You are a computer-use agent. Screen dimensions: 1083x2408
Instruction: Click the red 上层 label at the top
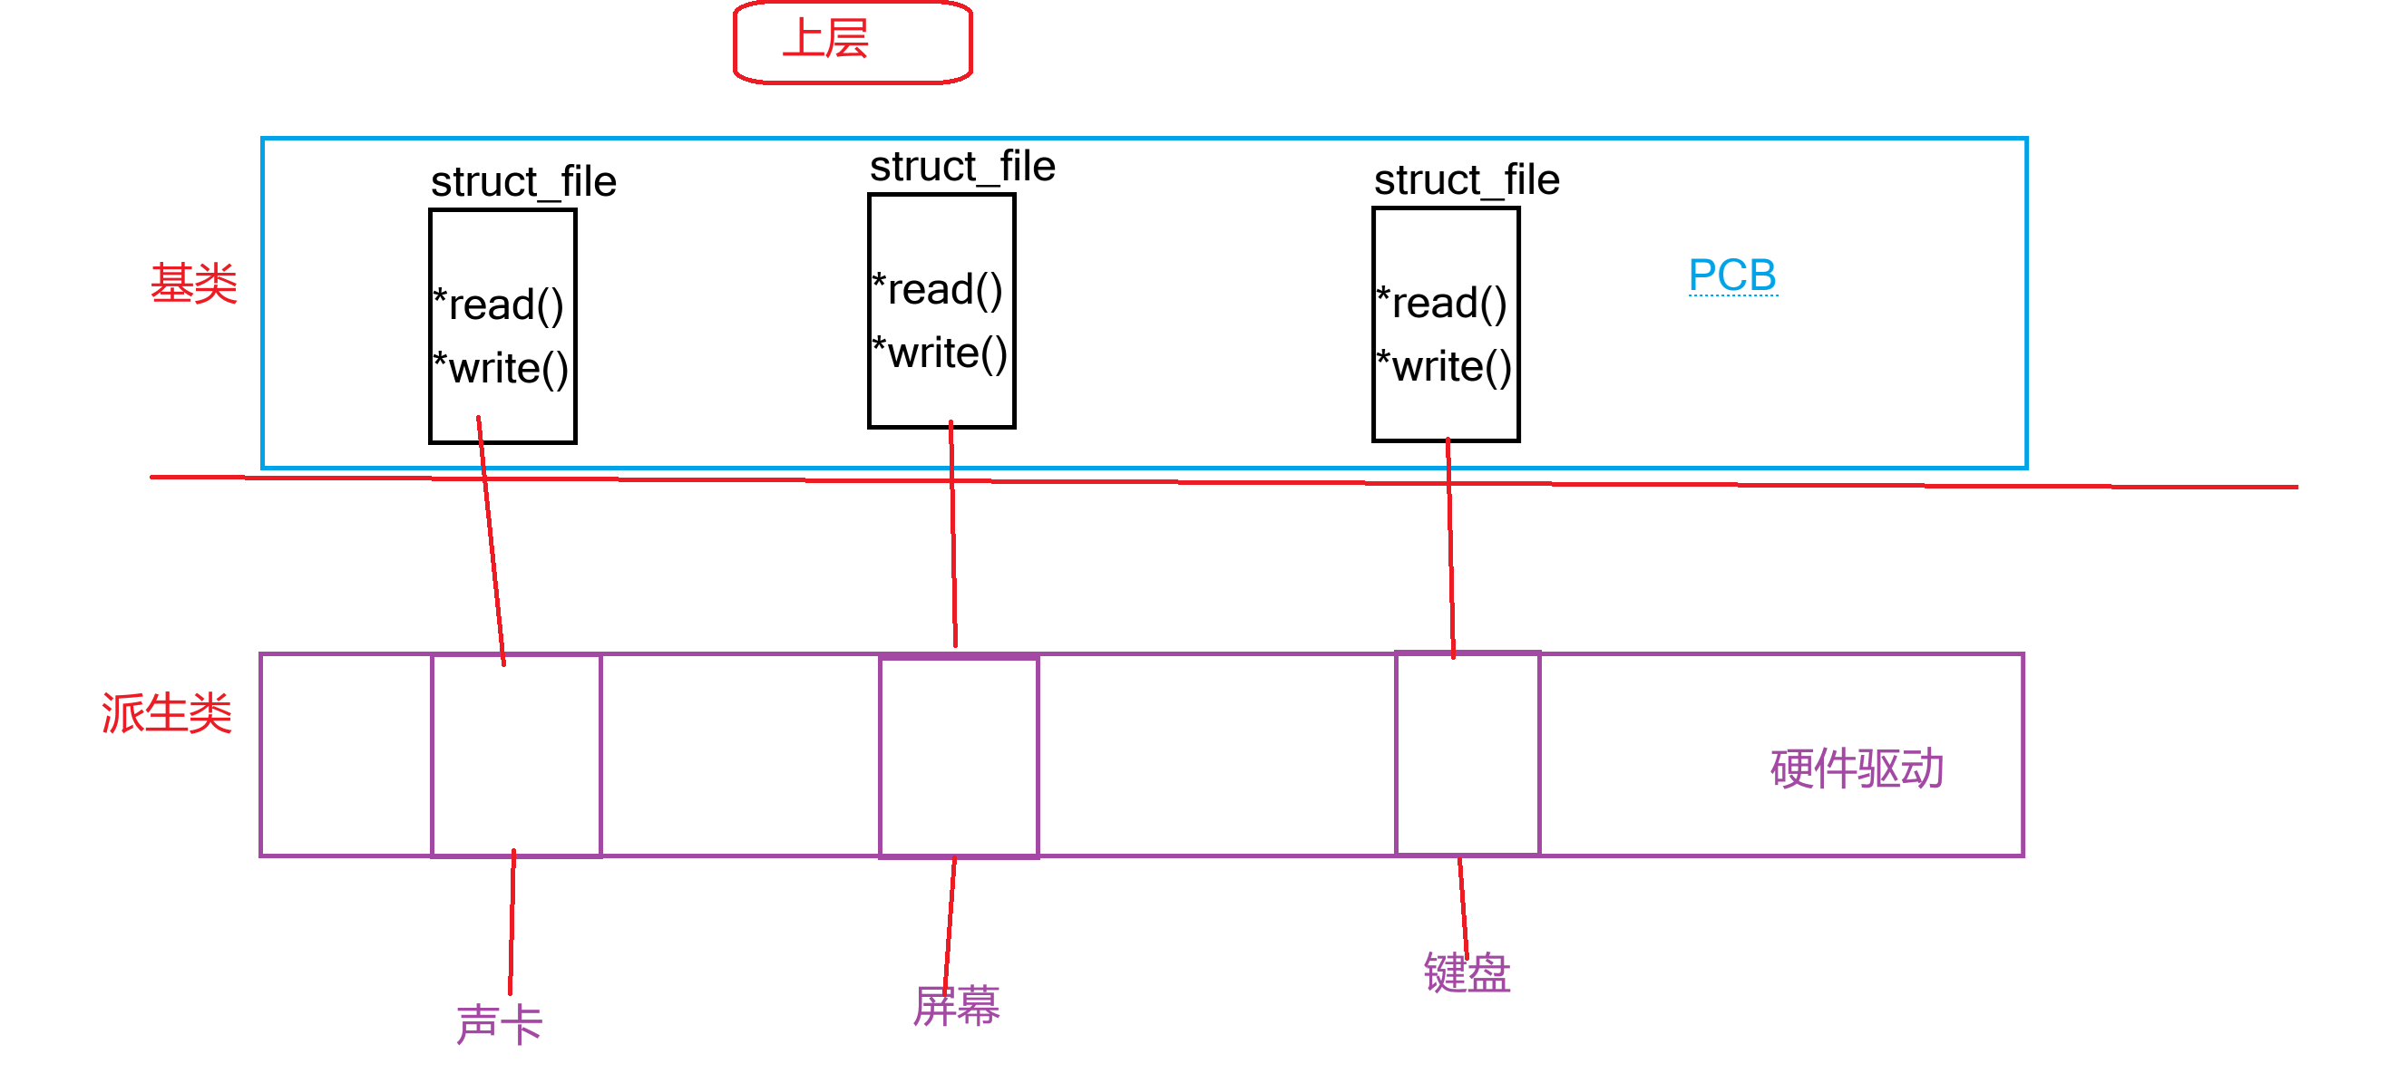tap(825, 40)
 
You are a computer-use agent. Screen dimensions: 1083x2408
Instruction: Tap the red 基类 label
tap(193, 282)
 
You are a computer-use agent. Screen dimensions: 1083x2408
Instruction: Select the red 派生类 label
tap(166, 713)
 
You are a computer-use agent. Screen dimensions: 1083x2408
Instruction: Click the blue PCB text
tap(1731, 275)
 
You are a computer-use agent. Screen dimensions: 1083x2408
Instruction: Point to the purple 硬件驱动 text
tap(1856, 769)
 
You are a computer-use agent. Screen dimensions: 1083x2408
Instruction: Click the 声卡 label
tap(499, 1023)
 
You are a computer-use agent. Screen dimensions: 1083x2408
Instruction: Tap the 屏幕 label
tap(955, 1005)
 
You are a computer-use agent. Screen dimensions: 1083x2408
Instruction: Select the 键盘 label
tap(1466, 972)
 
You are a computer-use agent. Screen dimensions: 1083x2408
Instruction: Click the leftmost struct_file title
tap(523, 181)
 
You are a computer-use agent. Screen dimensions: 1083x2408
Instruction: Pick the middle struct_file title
tap(962, 167)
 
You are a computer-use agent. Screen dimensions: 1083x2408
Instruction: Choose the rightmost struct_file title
tap(1466, 179)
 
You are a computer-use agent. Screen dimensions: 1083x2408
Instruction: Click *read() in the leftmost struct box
tap(499, 305)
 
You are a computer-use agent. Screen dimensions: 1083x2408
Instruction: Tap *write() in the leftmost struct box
tap(501, 368)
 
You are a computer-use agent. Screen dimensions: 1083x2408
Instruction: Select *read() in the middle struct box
tap(938, 290)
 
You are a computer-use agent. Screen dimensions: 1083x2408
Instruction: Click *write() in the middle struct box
tap(940, 353)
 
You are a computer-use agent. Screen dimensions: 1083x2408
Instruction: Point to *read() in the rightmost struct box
tap(1442, 303)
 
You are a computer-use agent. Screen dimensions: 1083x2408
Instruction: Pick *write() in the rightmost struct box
tap(1444, 366)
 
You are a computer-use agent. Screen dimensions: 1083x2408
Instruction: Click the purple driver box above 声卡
tap(516, 755)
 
